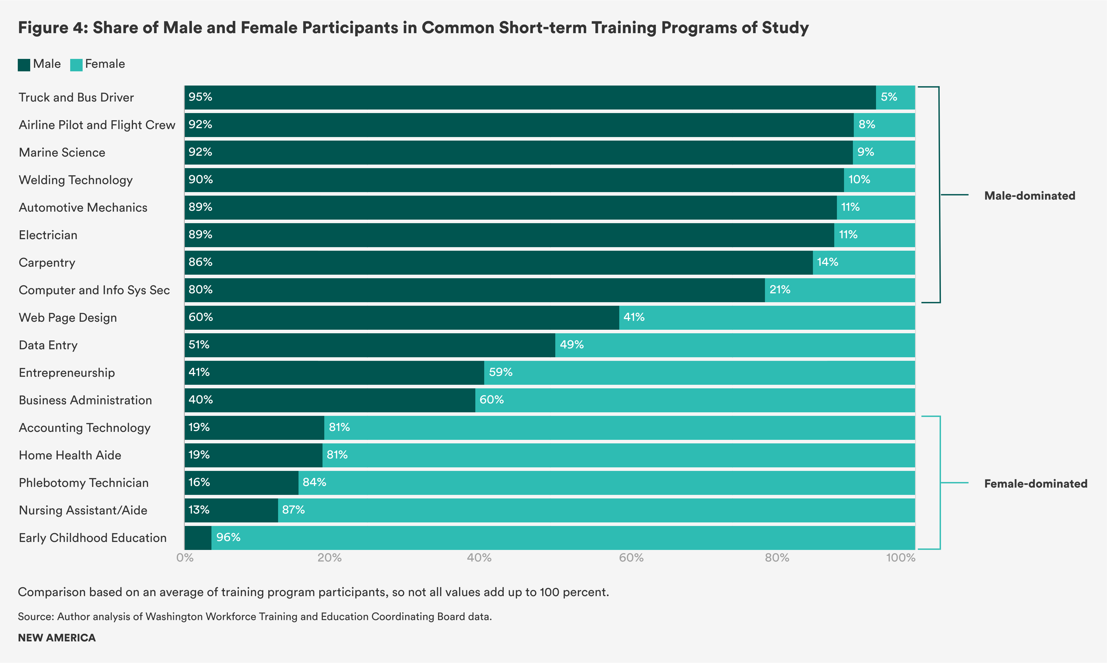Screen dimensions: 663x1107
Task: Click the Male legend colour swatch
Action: click(x=24, y=65)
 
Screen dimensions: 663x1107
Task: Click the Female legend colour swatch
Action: click(x=76, y=65)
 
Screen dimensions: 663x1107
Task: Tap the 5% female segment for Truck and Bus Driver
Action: click(x=895, y=97)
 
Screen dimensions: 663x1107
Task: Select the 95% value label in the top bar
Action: click(x=200, y=97)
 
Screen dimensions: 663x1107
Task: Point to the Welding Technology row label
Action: click(x=76, y=180)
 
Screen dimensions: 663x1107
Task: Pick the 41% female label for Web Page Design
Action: click(x=634, y=317)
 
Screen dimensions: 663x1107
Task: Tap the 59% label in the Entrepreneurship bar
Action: click(x=500, y=372)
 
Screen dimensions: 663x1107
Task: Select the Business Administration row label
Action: click(x=85, y=400)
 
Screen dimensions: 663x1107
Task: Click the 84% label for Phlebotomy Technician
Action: click(x=314, y=482)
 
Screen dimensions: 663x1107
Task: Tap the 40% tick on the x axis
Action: click(x=479, y=558)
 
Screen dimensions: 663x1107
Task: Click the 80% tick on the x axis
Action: click(x=777, y=558)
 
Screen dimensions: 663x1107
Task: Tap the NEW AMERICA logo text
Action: click(x=57, y=638)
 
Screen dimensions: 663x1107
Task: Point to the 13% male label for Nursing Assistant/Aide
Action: click(x=199, y=510)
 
